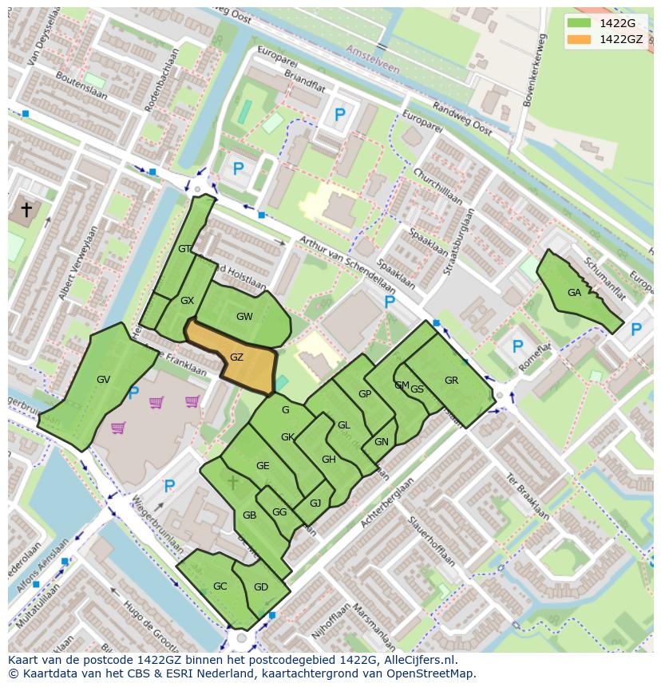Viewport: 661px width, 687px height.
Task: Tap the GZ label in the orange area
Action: coord(236,357)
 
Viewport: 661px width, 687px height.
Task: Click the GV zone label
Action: coord(103,380)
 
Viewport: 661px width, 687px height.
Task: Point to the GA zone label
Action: coord(574,293)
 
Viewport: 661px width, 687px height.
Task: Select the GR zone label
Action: coord(451,381)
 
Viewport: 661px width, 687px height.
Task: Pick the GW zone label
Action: coord(244,317)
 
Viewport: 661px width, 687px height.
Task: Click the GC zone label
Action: coord(220,586)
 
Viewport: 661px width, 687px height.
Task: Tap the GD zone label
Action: coord(261,587)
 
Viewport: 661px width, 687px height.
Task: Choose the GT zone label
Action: coord(184,249)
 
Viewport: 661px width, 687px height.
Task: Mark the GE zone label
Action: coord(263,466)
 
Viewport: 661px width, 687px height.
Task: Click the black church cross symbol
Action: coord(26,210)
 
